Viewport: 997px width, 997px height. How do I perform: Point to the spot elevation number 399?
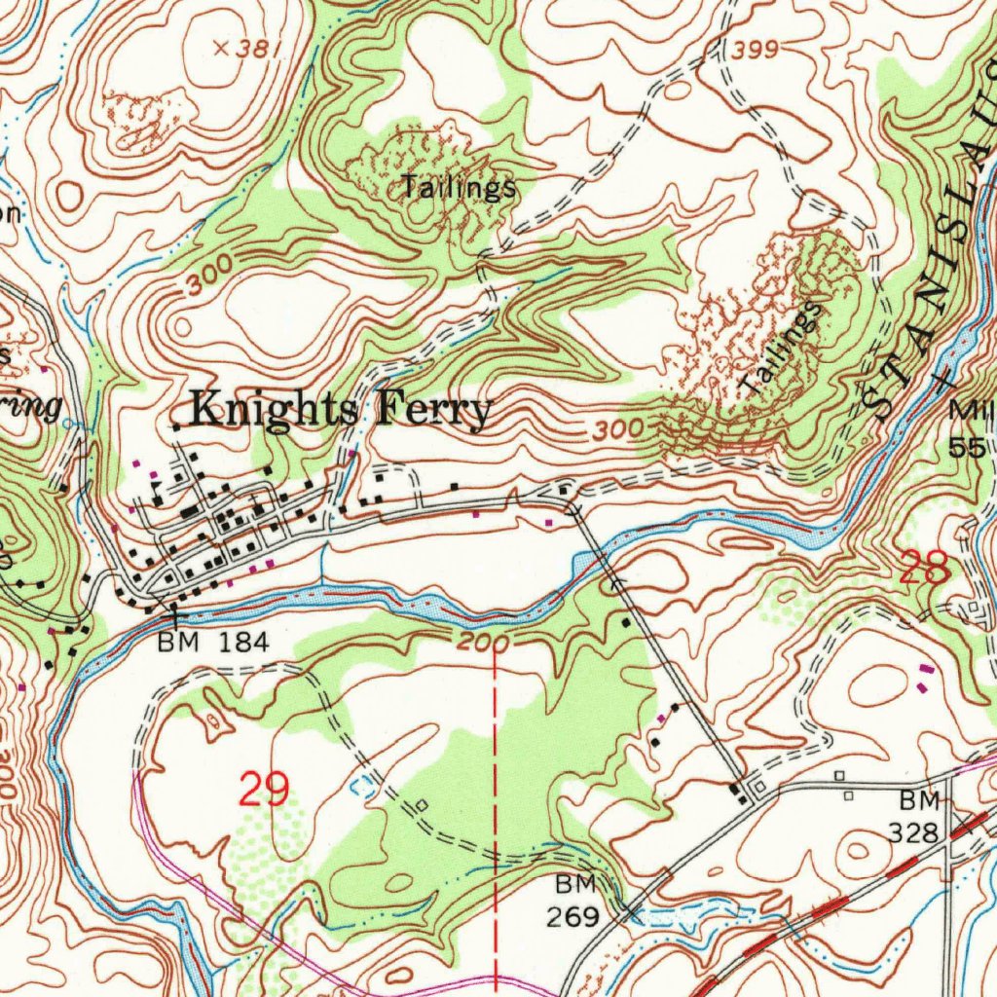click(x=756, y=51)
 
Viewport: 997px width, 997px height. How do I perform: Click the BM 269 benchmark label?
click(x=579, y=901)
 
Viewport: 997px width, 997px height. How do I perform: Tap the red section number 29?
click(x=264, y=790)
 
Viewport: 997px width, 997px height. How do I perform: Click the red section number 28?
click(x=924, y=568)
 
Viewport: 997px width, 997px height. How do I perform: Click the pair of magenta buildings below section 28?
click(x=924, y=679)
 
